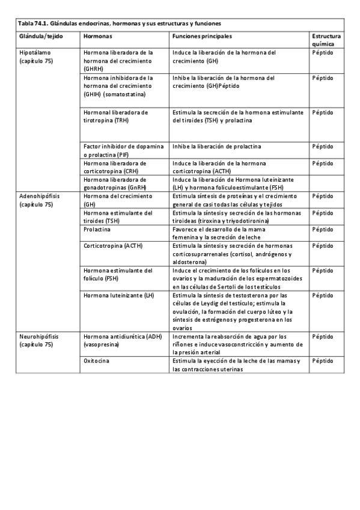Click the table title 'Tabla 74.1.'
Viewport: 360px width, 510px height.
point(35,23)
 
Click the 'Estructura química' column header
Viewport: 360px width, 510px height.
point(327,40)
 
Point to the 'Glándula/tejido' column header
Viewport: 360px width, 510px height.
point(40,36)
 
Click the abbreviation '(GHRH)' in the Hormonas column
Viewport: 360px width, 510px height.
point(95,69)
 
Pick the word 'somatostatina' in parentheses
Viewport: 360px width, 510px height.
point(128,94)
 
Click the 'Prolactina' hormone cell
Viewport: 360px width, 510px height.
point(97,230)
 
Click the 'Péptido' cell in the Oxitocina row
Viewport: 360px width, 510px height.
point(322,361)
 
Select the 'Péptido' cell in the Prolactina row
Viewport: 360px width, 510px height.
point(322,230)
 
